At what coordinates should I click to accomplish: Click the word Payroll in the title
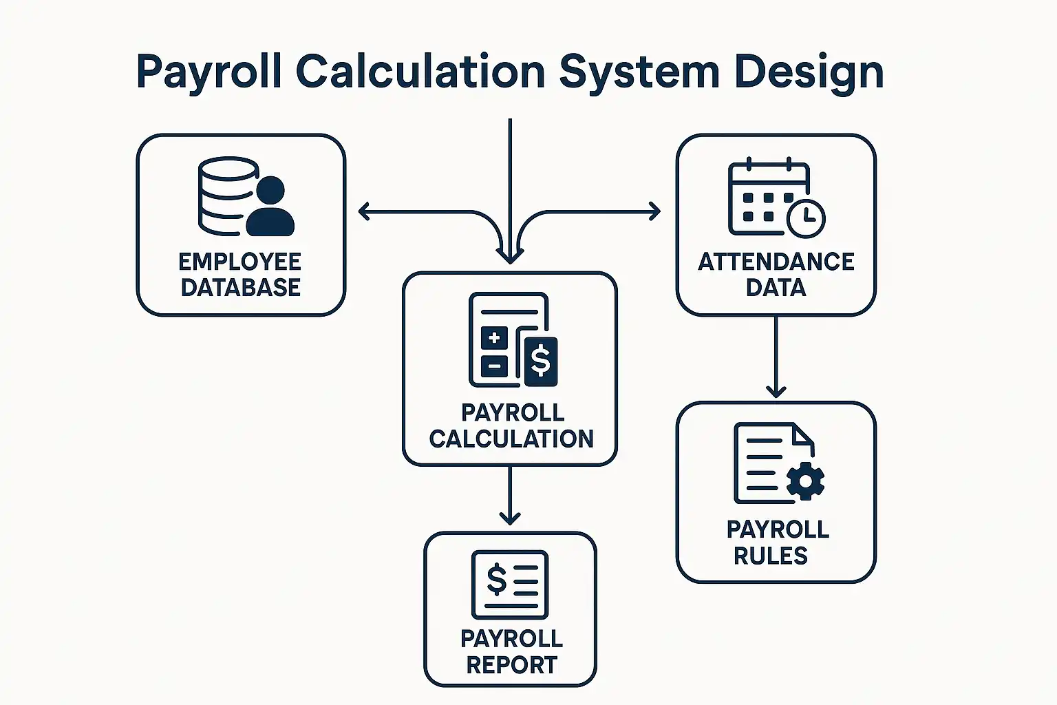[x=209, y=72]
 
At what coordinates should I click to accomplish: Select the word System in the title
[x=639, y=72]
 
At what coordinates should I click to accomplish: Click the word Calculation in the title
[x=420, y=72]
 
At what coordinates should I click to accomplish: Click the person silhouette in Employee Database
[x=270, y=207]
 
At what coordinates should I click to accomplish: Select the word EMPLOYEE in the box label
[x=239, y=262]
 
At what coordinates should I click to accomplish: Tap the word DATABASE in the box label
[x=240, y=287]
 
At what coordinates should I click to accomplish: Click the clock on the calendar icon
[x=806, y=218]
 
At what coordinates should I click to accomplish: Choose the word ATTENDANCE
[x=776, y=262]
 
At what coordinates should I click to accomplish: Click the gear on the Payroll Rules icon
[x=805, y=480]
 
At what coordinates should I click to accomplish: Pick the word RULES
[x=770, y=556]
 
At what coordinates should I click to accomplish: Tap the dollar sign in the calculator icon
[x=541, y=361]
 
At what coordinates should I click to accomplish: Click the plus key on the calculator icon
[x=493, y=338]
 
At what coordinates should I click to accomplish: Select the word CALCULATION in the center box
[x=511, y=439]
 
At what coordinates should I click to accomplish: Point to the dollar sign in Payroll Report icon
[x=496, y=579]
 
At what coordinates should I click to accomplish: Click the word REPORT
[x=511, y=665]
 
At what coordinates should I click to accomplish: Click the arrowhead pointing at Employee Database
[x=364, y=211]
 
